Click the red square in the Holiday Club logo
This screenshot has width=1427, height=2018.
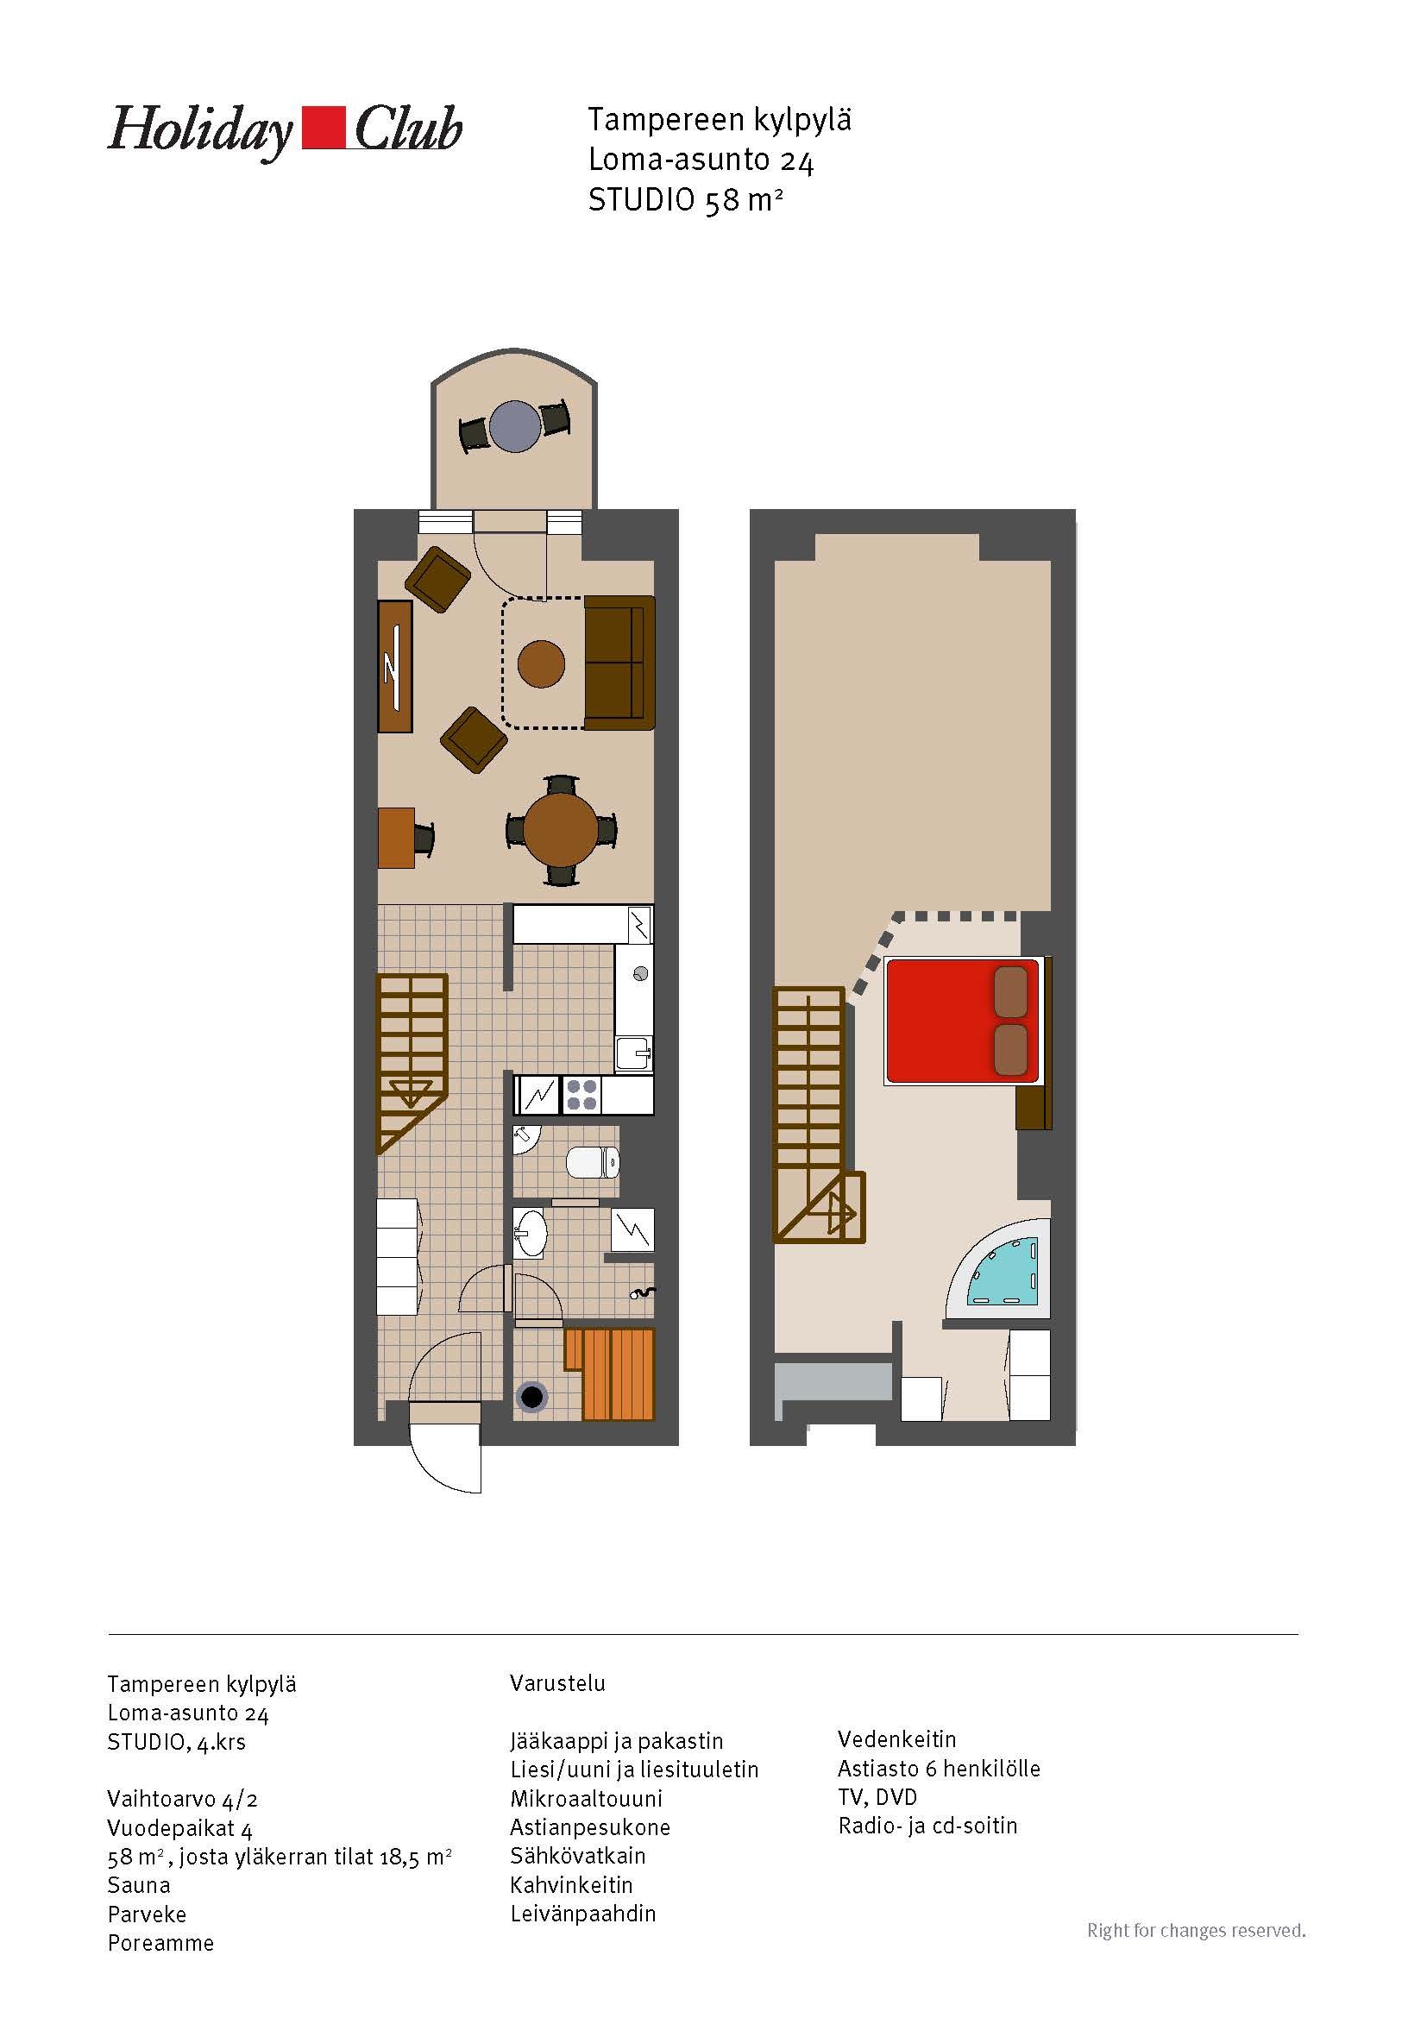coord(324,129)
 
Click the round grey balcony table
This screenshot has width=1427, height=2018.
coord(515,426)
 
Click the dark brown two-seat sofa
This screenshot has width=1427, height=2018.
coord(619,663)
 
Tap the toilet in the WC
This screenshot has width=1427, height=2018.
coord(593,1162)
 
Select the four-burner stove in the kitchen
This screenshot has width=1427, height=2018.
coord(581,1095)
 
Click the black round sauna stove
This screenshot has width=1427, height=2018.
coord(532,1395)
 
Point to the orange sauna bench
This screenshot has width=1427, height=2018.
coord(610,1374)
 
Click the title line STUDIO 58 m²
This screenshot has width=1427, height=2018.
coord(685,201)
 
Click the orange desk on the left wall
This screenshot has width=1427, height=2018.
coord(396,838)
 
